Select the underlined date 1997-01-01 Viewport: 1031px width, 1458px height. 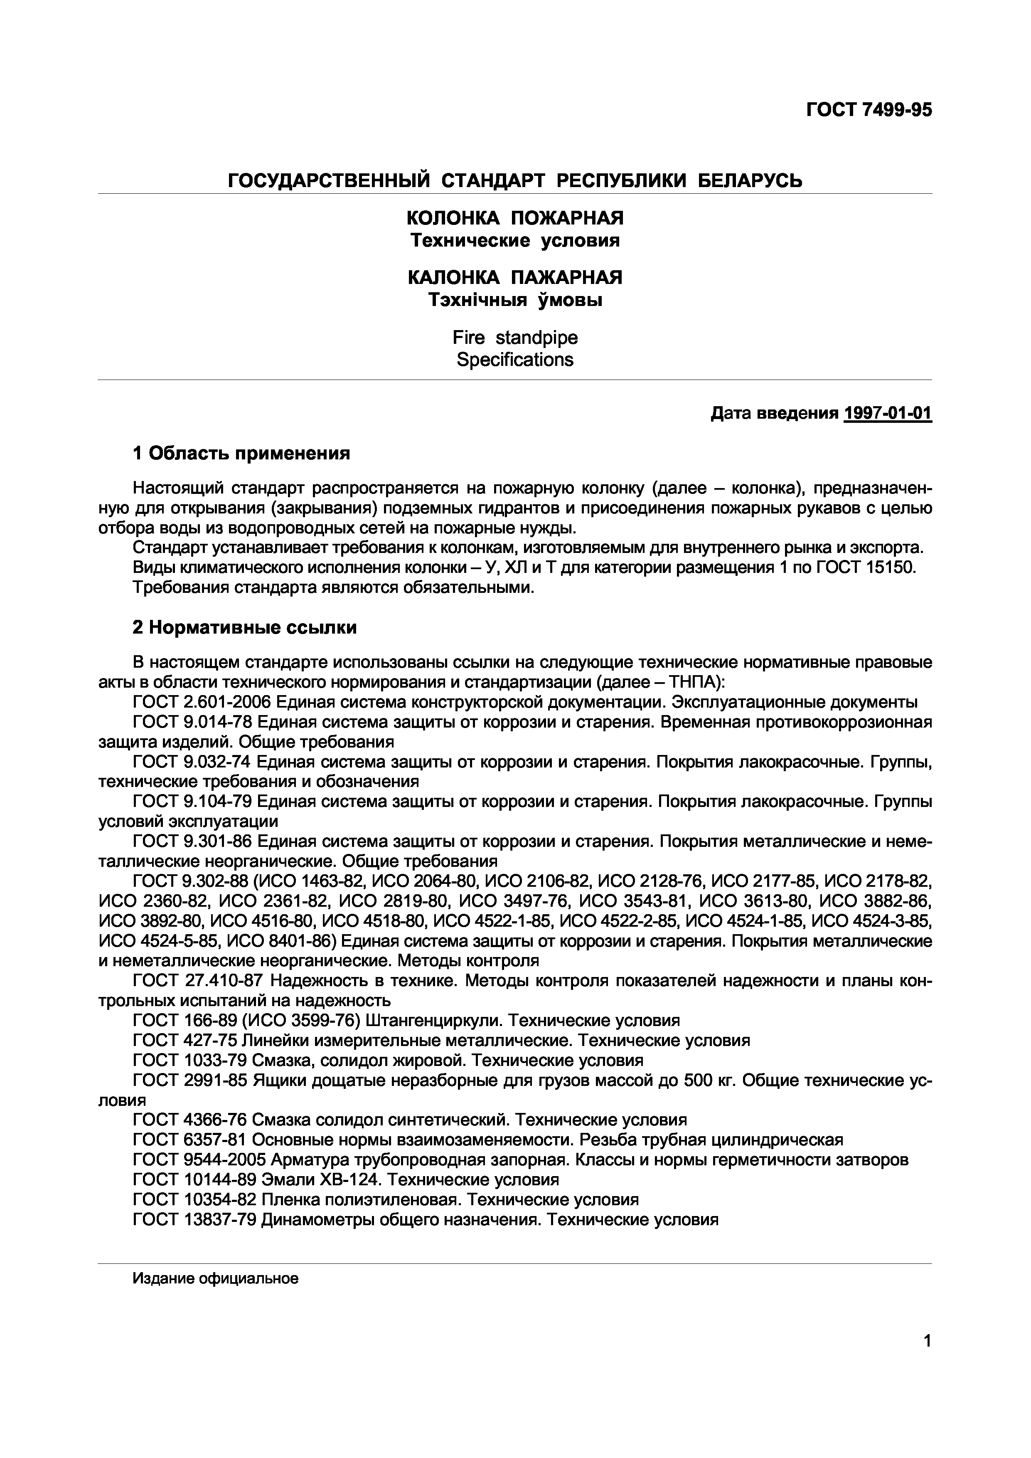888,414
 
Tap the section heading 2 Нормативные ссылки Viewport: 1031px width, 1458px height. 244,627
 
